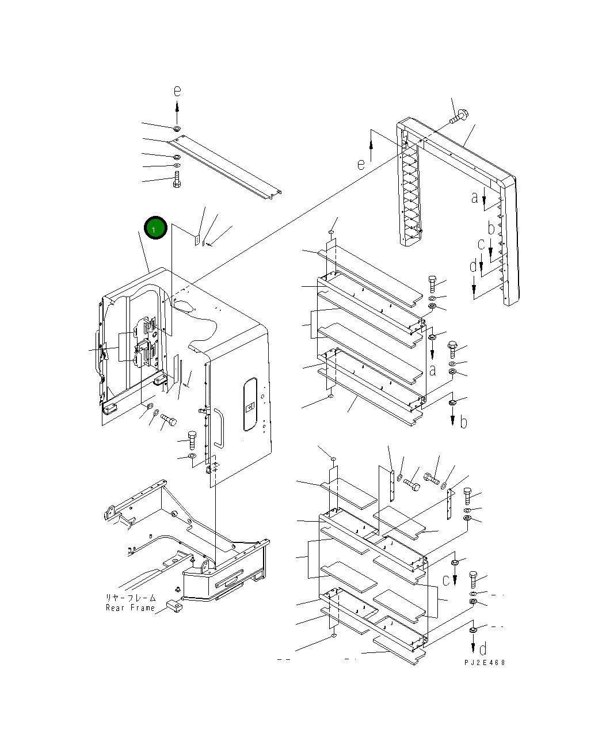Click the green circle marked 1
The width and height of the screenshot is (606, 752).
(155, 229)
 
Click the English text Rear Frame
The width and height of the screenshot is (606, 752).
(130, 608)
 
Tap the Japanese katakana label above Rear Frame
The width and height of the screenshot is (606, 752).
(130, 598)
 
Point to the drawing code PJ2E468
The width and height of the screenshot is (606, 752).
(485, 663)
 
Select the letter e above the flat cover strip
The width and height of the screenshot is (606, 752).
(177, 91)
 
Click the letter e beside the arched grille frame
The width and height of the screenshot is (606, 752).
(361, 164)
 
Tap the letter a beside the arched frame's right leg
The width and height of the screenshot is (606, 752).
(474, 198)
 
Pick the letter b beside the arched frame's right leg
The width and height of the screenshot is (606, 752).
(491, 229)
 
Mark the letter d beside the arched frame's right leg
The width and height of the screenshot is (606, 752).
(472, 267)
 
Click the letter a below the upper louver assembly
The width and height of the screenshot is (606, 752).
(432, 370)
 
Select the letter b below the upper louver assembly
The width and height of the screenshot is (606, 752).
(463, 422)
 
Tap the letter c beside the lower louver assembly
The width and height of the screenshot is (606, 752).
(445, 580)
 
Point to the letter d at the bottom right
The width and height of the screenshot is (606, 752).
(483, 650)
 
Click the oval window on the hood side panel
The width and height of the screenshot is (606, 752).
(250, 405)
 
